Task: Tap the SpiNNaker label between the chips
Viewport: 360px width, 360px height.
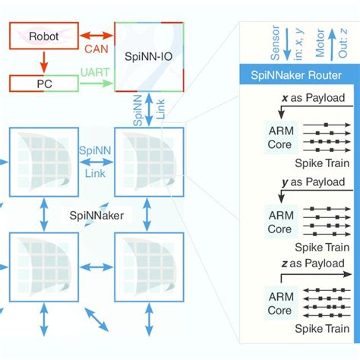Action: click(x=96, y=216)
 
